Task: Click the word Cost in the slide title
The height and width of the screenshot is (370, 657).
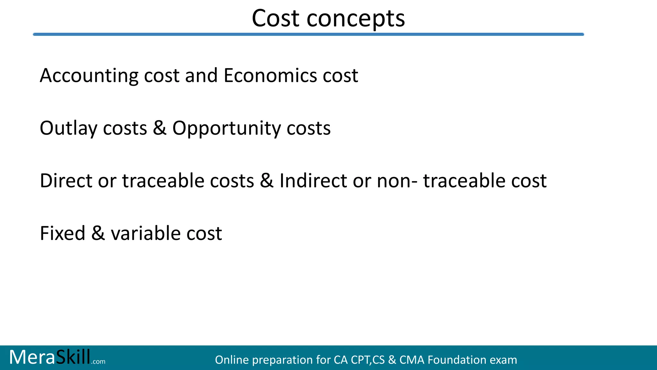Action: (276, 18)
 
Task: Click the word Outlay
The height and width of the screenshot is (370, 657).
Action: (68, 128)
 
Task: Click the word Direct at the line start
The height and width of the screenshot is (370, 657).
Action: (66, 181)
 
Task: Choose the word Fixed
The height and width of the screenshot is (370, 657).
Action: (63, 233)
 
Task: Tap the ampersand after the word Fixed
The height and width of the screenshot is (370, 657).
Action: (98, 233)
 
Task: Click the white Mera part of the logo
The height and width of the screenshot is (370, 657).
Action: (32, 357)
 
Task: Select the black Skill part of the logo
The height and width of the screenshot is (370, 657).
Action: (73, 357)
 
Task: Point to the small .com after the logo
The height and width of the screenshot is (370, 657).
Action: (98, 362)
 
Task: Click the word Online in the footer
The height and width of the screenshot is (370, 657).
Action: (232, 360)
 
